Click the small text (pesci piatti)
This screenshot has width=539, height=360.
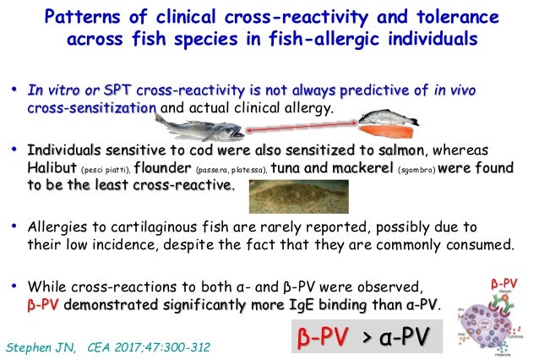click(106, 169)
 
